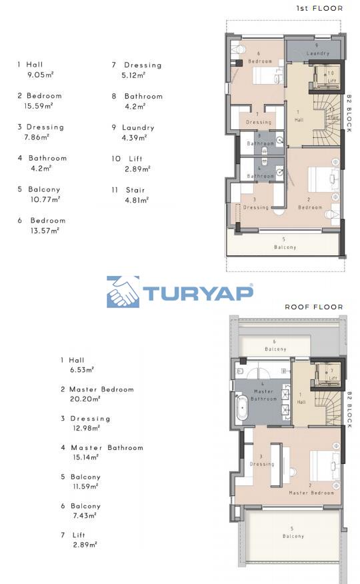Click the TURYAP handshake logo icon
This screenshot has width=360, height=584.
(x=123, y=292)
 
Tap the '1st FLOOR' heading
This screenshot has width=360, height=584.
(x=319, y=8)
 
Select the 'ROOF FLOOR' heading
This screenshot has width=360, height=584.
(x=314, y=307)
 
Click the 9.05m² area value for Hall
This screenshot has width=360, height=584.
(x=41, y=75)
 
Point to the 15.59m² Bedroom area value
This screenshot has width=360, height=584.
(x=39, y=106)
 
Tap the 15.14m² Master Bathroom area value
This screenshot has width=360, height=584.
(x=86, y=457)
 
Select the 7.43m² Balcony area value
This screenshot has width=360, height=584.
(x=85, y=515)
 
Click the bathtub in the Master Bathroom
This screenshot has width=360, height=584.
(x=243, y=407)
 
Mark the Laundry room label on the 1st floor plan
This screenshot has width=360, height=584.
(x=318, y=53)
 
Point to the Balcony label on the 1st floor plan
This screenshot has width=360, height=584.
(x=285, y=247)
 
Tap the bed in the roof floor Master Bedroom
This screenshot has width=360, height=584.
(x=323, y=465)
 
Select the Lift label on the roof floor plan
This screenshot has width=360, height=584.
(x=333, y=378)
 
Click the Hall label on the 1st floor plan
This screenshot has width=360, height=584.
(x=299, y=120)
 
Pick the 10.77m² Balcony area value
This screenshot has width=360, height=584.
(x=45, y=199)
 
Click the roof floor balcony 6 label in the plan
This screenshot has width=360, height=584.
(x=275, y=349)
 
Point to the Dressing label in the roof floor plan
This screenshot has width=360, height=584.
(x=262, y=464)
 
